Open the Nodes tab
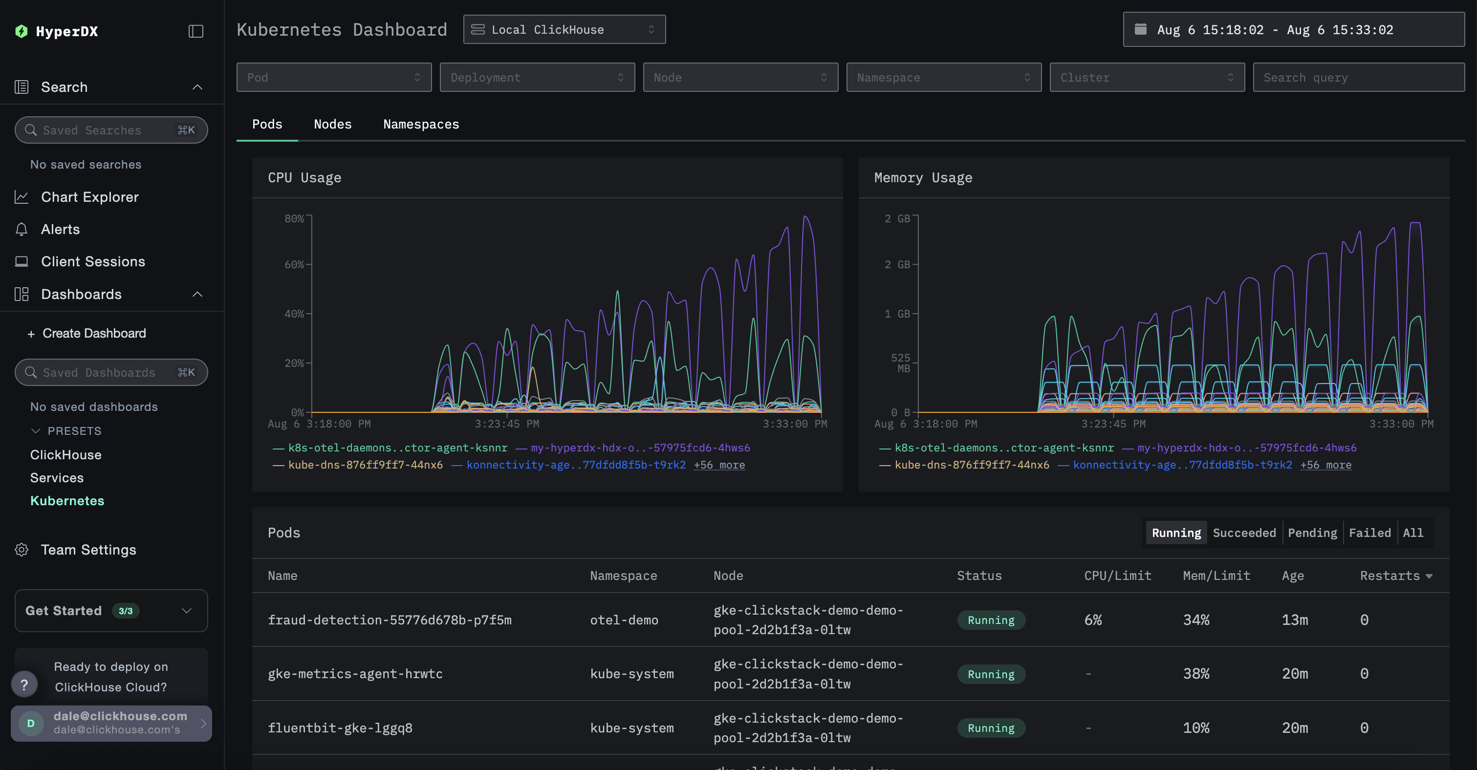[x=332, y=125]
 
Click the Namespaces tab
[x=421, y=125]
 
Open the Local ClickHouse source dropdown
[x=564, y=30]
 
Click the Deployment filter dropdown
[x=537, y=77]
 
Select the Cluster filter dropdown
[x=1147, y=77]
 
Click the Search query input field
[x=1358, y=77]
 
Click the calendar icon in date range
[x=1140, y=29]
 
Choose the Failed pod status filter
[x=1369, y=533]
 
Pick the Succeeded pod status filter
[x=1244, y=533]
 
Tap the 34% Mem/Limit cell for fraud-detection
[x=1196, y=620]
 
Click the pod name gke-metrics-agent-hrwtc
[x=355, y=674]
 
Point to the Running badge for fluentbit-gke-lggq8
[x=991, y=728]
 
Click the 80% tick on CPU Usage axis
[x=294, y=218]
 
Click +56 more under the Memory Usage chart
[x=1325, y=465]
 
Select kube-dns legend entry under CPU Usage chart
[x=365, y=465]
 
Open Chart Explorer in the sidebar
[x=89, y=197]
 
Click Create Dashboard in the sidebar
[x=93, y=334]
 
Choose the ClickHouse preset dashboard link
[x=65, y=455]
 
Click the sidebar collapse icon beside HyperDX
[x=196, y=31]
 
